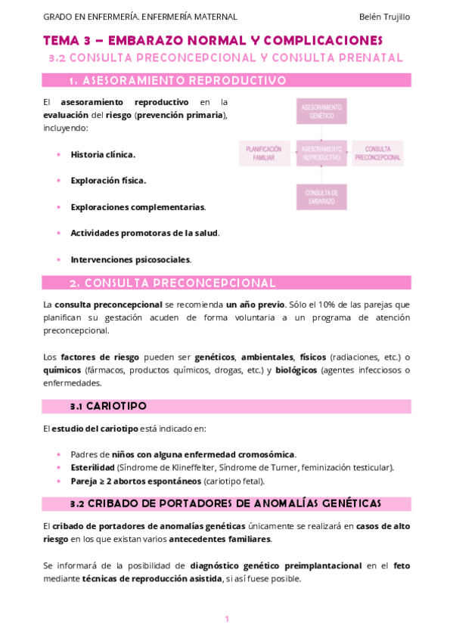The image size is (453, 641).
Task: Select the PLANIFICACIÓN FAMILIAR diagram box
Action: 264,153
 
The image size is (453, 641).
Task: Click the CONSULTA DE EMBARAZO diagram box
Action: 321,197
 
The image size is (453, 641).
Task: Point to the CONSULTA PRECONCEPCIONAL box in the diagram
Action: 377,153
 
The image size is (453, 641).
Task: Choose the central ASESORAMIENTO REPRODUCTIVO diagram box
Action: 321,153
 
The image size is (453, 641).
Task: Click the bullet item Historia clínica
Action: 103,154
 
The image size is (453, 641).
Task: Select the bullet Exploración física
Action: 108,181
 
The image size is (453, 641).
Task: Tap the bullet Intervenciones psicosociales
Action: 130,259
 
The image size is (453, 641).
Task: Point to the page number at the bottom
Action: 226,620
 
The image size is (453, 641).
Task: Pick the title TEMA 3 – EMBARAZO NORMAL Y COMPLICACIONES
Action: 213,40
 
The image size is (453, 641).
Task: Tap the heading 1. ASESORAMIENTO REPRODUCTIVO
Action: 177,80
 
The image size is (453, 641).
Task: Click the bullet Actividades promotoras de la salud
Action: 144,233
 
